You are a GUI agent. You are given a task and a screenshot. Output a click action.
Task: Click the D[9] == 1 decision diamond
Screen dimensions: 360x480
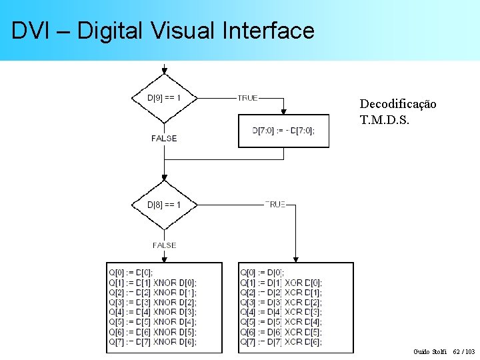164,99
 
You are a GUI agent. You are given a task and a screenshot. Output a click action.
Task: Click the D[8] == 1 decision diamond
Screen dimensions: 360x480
164,205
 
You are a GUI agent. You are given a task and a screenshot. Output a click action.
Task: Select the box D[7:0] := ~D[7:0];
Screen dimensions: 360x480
283,131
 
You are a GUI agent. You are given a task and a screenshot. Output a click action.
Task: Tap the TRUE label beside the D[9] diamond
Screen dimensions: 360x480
247,98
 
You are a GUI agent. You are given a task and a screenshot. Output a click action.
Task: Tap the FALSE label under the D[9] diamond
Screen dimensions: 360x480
164,139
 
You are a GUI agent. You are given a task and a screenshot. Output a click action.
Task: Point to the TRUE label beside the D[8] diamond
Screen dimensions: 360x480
275,205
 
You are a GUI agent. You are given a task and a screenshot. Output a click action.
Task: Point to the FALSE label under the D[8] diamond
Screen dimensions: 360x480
164,245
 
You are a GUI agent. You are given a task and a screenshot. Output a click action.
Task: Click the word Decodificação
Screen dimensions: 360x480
398,104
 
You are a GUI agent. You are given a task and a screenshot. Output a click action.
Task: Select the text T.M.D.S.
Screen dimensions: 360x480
385,120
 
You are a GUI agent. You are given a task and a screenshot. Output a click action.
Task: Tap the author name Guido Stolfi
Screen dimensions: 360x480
430,351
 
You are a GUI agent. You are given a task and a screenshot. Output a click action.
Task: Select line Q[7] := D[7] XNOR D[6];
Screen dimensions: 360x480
153,342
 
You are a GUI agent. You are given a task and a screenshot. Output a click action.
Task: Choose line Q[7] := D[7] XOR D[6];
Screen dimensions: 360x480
281,342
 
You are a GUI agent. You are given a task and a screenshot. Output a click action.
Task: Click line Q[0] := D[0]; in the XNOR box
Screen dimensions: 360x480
131,272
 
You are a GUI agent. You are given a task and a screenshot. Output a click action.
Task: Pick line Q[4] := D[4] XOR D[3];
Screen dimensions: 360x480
281,312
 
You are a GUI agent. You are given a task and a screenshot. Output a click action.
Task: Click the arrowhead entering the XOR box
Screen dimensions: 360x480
296,259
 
